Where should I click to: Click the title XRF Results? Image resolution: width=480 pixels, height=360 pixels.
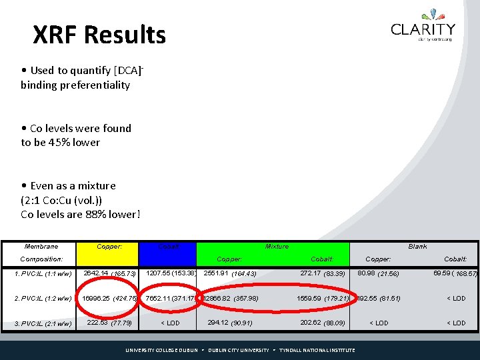(x=99, y=35)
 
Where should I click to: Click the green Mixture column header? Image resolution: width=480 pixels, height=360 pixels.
(x=277, y=247)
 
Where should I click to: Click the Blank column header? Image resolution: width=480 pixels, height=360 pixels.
(x=417, y=247)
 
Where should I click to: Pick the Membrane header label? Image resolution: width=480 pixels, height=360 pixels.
(x=41, y=247)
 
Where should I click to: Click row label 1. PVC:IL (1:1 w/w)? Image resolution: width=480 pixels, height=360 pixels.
(x=43, y=273)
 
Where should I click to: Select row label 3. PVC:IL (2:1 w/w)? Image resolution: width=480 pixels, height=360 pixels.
(x=43, y=323)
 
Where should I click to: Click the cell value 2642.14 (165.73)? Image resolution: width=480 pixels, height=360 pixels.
(x=109, y=273)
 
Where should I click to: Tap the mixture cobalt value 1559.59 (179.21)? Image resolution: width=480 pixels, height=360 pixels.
(x=323, y=298)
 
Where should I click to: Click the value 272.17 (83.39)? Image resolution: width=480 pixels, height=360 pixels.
(x=323, y=273)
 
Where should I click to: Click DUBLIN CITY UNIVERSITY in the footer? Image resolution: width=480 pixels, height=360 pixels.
(x=238, y=350)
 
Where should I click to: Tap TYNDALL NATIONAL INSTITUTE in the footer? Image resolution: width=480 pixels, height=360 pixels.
(x=317, y=350)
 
